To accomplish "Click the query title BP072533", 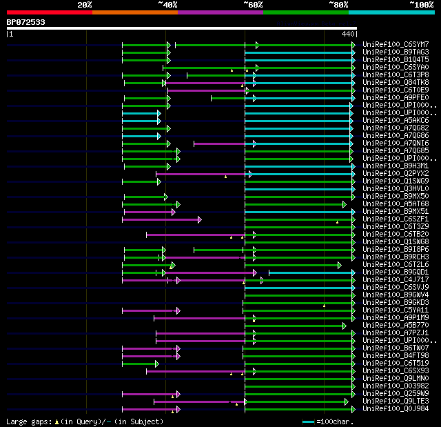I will pos(25,22).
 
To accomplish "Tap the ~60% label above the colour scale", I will pos(253,5).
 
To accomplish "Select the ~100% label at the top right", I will pos(421,5).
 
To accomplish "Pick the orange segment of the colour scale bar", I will pos(134,12).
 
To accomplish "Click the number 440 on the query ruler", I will pos(347,33).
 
